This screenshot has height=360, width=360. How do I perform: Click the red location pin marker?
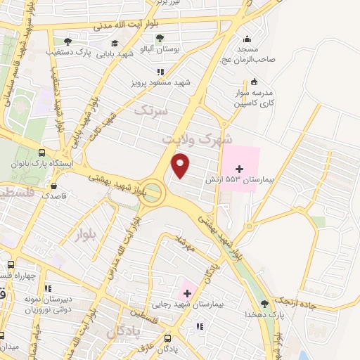point(181,165)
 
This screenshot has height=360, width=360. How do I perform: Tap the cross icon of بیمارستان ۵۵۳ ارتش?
point(240,169)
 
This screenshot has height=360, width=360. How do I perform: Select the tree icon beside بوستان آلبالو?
point(160,39)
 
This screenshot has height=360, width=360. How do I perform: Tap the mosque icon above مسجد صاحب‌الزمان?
point(246,39)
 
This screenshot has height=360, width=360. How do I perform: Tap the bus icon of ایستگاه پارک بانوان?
point(42,153)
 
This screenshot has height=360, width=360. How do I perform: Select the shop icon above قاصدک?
point(54,186)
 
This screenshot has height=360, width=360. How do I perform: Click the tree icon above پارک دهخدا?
point(265,304)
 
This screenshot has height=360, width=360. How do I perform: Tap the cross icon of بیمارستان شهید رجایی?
point(187,292)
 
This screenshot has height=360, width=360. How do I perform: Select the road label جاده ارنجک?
point(325,291)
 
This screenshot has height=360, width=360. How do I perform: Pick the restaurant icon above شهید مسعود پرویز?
point(160,72)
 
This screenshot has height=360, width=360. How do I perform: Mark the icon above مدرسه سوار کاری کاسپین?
point(253,82)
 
